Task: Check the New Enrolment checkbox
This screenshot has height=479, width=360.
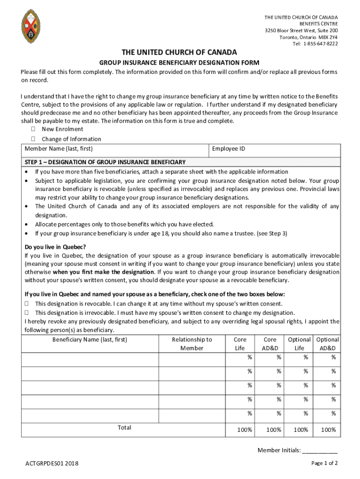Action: tap(33, 129)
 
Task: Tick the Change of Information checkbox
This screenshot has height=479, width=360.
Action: tap(33, 139)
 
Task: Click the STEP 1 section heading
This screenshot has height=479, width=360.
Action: tap(105, 162)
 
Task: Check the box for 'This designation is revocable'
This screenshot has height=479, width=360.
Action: tap(27, 304)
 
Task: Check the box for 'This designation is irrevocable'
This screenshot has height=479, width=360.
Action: tap(27, 312)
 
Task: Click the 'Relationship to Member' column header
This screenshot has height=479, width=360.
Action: tap(192, 344)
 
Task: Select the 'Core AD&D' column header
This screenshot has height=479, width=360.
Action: tap(270, 344)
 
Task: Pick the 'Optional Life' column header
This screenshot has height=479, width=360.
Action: tap(299, 344)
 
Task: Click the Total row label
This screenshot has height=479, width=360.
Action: tap(124, 428)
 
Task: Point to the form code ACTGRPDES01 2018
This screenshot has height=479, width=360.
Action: tap(52, 464)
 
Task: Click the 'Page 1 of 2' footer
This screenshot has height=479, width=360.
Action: tap(324, 463)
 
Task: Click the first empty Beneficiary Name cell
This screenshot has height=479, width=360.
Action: tap(90, 359)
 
